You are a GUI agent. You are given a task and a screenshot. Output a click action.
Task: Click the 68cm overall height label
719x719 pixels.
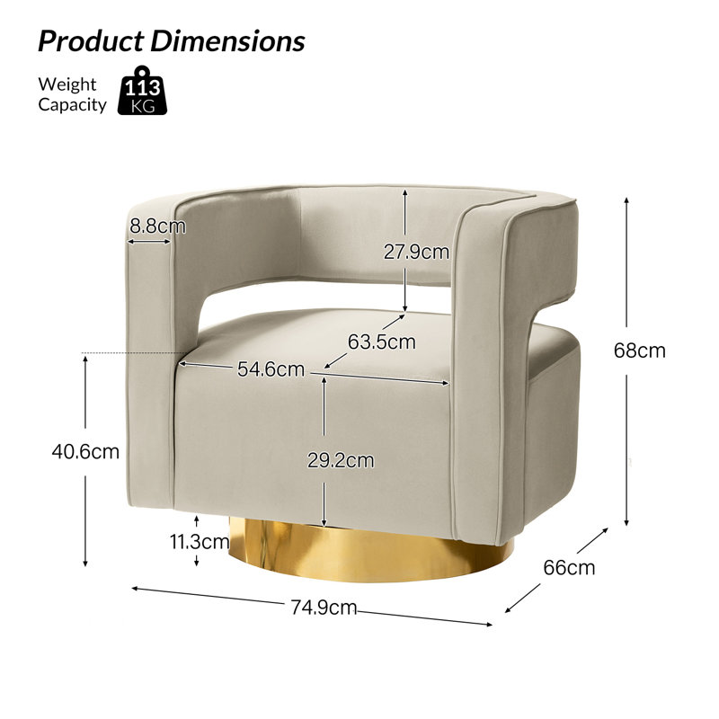pyautogui.click(x=639, y=351)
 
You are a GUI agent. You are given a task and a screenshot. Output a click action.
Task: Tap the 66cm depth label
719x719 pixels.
pyautogui.click(x=569, y=568)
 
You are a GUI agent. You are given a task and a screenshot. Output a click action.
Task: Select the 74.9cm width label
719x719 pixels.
pyautogui.click(x=324, y=608)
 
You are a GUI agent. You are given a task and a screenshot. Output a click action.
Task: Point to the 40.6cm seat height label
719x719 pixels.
pyautogui.click(x=85, y=452)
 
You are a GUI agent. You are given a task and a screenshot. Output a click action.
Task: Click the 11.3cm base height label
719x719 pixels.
pyautogui.click(x=200, y=542)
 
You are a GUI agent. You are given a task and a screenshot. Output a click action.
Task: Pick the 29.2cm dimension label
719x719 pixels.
pyautogui.click(x=341, y=460)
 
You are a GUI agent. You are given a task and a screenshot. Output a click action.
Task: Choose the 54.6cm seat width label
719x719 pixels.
pyautogui.click(x=271, y=369)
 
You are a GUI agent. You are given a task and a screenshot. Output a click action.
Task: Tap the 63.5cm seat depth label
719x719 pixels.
pyautogui.click(x=381, y=342)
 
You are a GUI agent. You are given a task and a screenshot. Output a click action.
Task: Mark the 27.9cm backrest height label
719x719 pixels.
pyautogui.click(x=416, y=253)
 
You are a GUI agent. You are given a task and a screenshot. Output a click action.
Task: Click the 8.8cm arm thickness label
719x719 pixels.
pyautogui.click(x=158, y=226)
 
